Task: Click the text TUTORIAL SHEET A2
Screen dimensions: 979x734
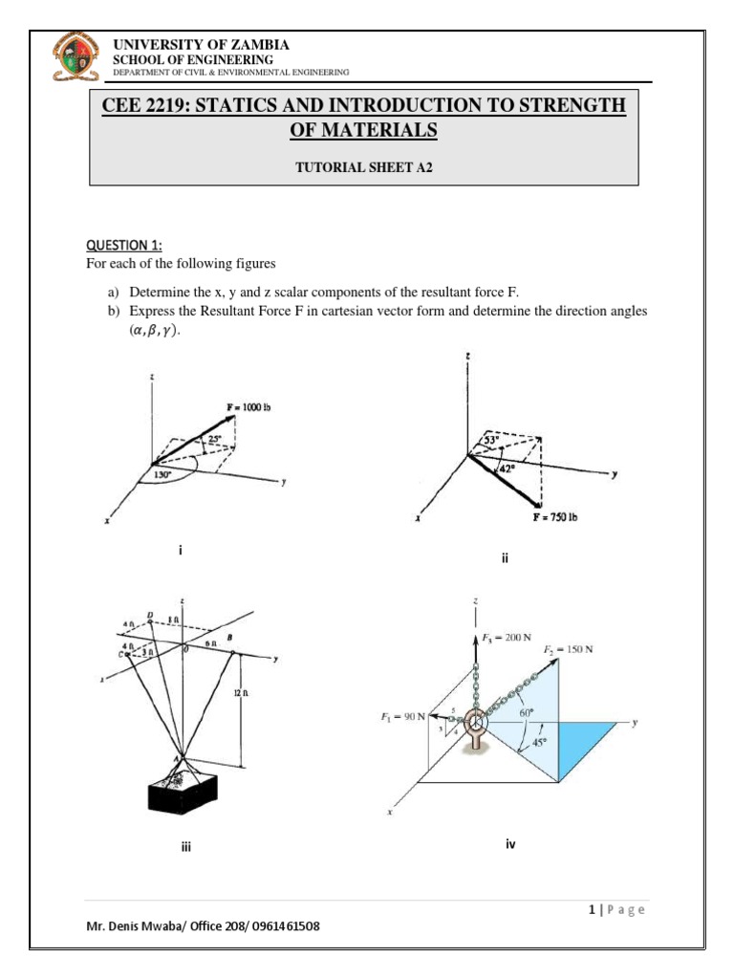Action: [363, 164]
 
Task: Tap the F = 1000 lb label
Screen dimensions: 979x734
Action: [249, 407]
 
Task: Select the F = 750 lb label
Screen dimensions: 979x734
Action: [555, 517]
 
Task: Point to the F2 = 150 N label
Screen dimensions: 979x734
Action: [568, 649]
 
